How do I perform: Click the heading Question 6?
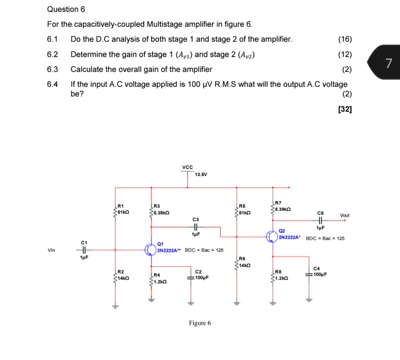coord(66,9)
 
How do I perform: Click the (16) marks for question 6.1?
coord(345,39)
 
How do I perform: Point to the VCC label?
coord(187,167)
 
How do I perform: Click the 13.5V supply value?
coord(201,174)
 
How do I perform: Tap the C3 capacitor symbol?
coord(196,227)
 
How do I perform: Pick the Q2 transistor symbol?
coord(271,235)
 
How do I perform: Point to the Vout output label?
coord(344,215)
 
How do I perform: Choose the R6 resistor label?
coord(242,258)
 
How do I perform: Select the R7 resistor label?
coord(278,203)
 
